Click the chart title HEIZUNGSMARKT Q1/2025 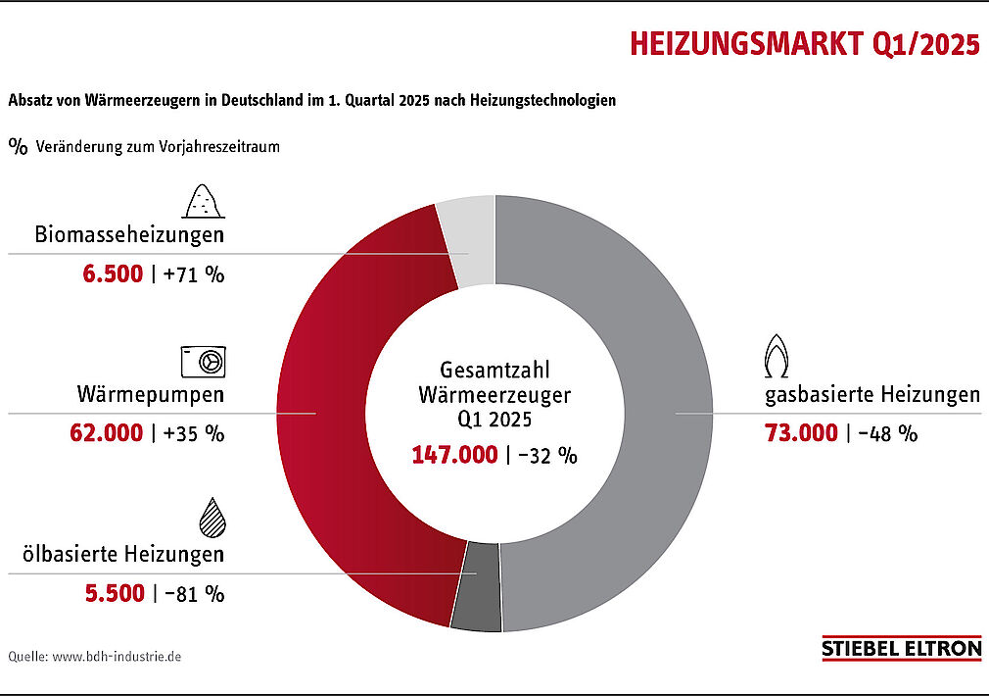coord(804,45)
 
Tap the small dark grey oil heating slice coord(481,585)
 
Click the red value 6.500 coord(113,274)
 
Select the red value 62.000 coord(106,432)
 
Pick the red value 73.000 coord(801,432)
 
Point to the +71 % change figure coord(194,274)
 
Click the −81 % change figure coord(194,593)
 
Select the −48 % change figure coord(888,432)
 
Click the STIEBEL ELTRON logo coord(901,648)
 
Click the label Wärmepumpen coord(151,396)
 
